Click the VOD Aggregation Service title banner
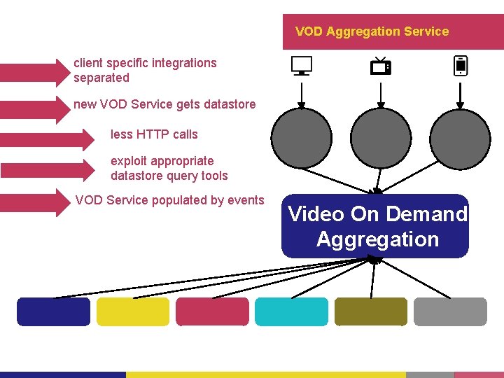coord(393,31)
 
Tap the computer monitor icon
coord(302,66)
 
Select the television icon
coord(380,66)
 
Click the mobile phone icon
coord(460,66)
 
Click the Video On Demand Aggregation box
coord(375,226)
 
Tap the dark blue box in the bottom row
coord(54,311)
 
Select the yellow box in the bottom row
coord(133,311)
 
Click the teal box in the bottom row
coord(291,311)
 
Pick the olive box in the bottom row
coord(371,311)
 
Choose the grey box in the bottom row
coord(450,311)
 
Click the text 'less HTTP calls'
coord(154,134)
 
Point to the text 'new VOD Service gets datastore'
coord(164,104)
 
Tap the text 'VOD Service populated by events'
coord(169,200)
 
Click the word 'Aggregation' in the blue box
coord(377,239)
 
